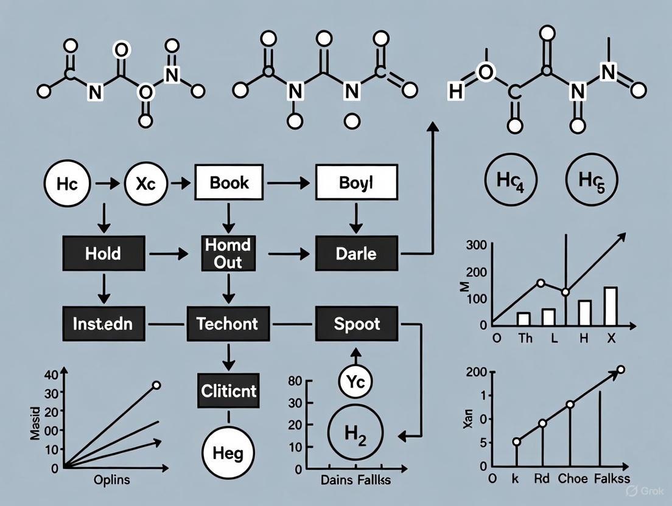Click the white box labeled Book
pos(228,182)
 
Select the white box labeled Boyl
pos(356,182)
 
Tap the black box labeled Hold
pos(104,254)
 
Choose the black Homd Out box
pos(228,253)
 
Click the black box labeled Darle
pos(356,254)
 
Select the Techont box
pos(228,324)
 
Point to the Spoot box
pos(357,324)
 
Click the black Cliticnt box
pos(228,390)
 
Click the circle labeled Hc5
pos(591,182)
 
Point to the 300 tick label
pos(475,246)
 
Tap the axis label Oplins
pos(112,479)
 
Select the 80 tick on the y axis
pos(295,381)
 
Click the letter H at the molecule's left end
pos(455,92)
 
